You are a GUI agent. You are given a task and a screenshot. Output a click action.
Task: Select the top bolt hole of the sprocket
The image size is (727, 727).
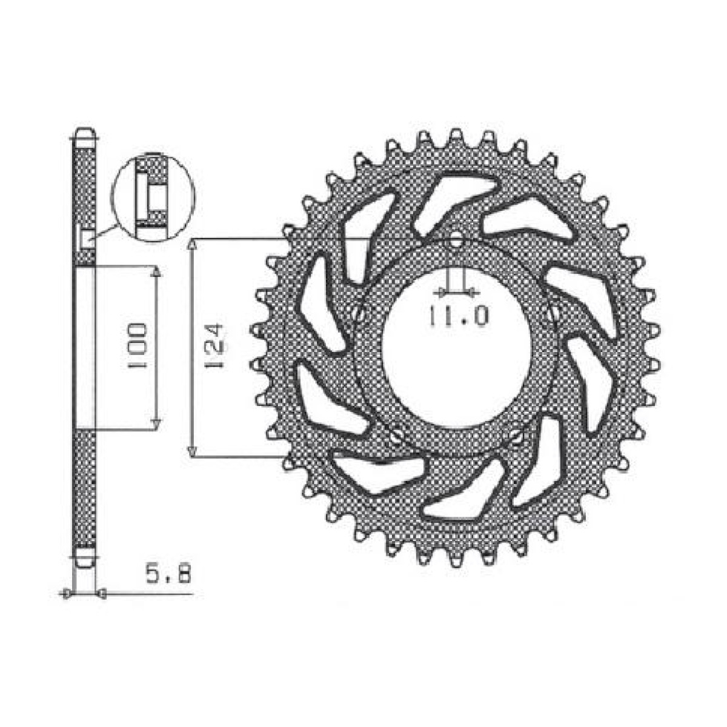(x=456, y=241)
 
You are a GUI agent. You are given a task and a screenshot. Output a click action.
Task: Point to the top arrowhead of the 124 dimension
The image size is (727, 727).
(x=192, y=244)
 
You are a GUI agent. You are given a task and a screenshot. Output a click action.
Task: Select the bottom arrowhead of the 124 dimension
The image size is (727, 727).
(x=192, y=451)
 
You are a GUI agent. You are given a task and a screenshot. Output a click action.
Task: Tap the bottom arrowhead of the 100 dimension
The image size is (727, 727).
(x=156, y=423)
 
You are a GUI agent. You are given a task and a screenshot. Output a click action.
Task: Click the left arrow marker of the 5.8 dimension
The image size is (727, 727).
(x=67, y=594)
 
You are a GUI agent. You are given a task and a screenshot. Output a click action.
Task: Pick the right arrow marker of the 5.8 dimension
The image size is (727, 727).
(x=101, y=594)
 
